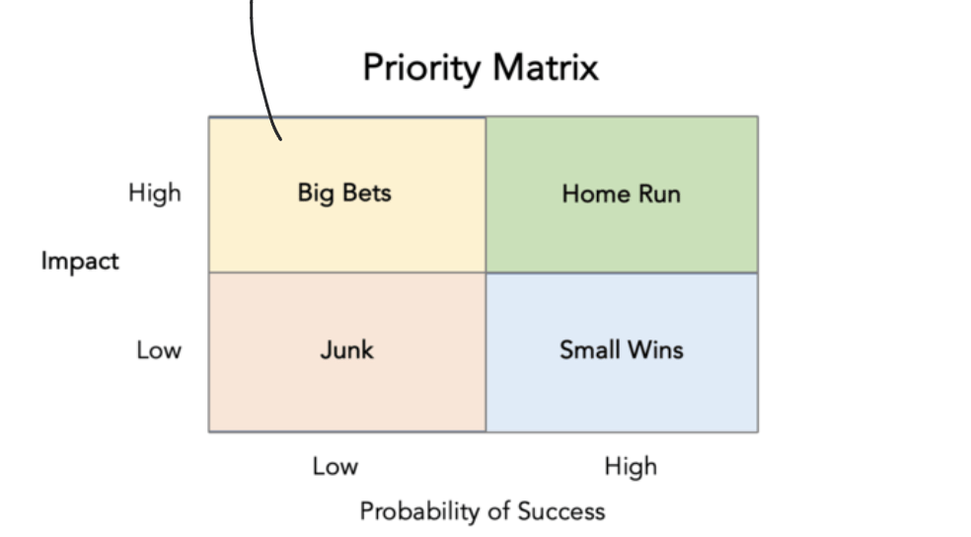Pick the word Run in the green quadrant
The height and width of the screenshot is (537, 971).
(658, 193)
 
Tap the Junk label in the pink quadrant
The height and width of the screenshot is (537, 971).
(346, 349)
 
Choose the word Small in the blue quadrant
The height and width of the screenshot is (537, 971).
(589, 349)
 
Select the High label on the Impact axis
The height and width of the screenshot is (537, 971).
(155, 192)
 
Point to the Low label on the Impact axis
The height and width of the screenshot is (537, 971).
(159, 349)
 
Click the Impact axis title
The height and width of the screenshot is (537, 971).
(80, 262)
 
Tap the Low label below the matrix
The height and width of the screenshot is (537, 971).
(336, 466)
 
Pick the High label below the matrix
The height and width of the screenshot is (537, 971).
(631, 466)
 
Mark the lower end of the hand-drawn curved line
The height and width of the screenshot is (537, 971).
(281, 139)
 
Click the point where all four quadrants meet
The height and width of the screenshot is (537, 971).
(485, 272)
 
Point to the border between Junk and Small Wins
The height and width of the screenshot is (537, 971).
(485, 351)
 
